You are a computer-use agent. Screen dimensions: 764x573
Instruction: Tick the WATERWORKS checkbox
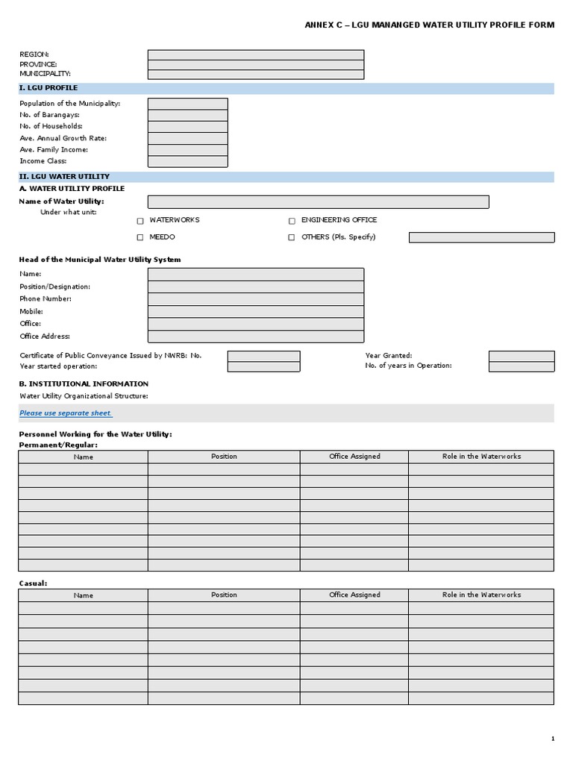point(140,221)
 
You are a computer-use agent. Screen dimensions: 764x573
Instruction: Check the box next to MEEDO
point(140,237)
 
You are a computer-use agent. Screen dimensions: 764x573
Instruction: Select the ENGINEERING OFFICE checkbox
point(292,221)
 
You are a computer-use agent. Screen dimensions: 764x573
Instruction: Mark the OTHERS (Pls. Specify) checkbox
point(292,237)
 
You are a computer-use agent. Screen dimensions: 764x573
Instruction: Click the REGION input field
point(256,54)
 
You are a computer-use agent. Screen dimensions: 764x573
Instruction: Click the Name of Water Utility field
point(318,201)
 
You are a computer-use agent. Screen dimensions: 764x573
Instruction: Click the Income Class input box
point(187,161)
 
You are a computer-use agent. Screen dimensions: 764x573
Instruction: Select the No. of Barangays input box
point(187,115)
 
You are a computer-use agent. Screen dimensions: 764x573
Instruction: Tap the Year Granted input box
point(522,356)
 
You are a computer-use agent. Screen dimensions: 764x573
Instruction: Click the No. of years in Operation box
point(522,366)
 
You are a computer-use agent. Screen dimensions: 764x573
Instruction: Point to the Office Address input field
point(256,336)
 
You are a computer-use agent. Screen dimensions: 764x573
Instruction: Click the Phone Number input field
point(256,299)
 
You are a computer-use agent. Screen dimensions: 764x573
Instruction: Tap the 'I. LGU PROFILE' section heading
point(48,88)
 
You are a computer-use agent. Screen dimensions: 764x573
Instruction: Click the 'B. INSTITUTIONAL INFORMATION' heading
point(84,383)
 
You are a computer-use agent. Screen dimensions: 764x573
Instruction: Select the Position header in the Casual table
point(224,595)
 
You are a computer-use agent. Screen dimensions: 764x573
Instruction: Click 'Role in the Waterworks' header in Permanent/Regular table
point(481,457)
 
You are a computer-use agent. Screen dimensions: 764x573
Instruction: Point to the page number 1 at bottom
point(553,739)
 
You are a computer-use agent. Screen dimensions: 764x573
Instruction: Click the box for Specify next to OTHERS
point(481,237)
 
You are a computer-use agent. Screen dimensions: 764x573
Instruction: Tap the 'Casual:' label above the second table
point(33,583)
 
